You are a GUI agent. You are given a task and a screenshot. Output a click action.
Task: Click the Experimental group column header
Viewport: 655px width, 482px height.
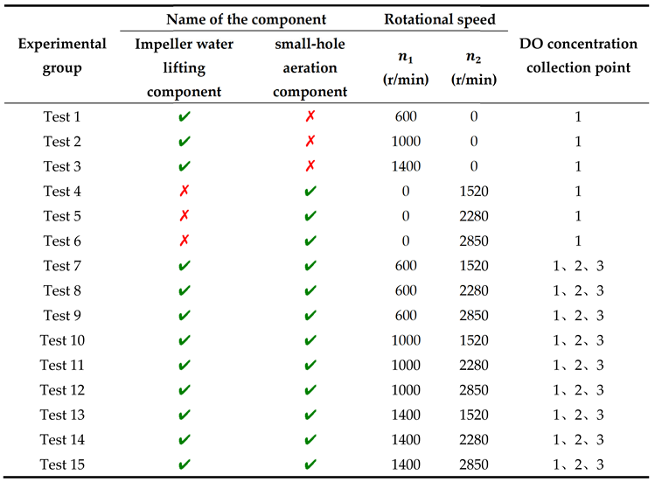click(x=62, y=55)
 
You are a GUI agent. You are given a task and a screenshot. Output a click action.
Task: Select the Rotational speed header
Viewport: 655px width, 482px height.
click(x=440, y=18)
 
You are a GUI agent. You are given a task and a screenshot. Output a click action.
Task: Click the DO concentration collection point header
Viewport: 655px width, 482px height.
click(x=578, y=55)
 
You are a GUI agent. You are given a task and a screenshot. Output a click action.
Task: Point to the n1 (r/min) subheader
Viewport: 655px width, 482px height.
click(x=407, y=68)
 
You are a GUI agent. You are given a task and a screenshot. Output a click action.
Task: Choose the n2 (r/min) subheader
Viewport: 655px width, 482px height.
click(x=473, y=68)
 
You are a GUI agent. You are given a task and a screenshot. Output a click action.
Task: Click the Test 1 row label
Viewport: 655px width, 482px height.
click(x=62, y=116)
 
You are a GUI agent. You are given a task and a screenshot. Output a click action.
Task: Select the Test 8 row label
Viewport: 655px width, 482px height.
click(x=62, y=290)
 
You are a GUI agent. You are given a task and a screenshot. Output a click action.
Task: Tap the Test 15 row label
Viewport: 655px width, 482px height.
click(x=62, y=465)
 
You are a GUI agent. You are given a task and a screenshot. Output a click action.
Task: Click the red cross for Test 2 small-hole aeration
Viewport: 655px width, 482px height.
click(x=310, y=142)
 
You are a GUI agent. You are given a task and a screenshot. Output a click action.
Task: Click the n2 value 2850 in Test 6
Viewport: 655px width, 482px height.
click(x=473, y=241)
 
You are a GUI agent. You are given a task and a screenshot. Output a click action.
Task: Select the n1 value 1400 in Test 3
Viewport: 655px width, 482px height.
click(x=407, y=166)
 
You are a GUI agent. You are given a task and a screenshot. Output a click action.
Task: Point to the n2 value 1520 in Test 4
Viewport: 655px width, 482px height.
click(x=473, y=191)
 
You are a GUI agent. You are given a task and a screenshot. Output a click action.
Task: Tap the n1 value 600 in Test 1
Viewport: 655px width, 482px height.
click(x=407, y=116)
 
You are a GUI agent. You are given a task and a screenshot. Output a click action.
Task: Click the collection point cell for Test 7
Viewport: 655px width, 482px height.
click(x=578, y=266)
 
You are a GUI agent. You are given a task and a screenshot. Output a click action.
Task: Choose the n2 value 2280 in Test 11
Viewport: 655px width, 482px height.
click(x=473, y=365)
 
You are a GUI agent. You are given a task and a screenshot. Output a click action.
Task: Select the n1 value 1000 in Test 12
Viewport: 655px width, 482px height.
click(x=407, y=390)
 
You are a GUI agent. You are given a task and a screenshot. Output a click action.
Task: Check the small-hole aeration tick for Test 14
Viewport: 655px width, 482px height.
click(x=310, y=440)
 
